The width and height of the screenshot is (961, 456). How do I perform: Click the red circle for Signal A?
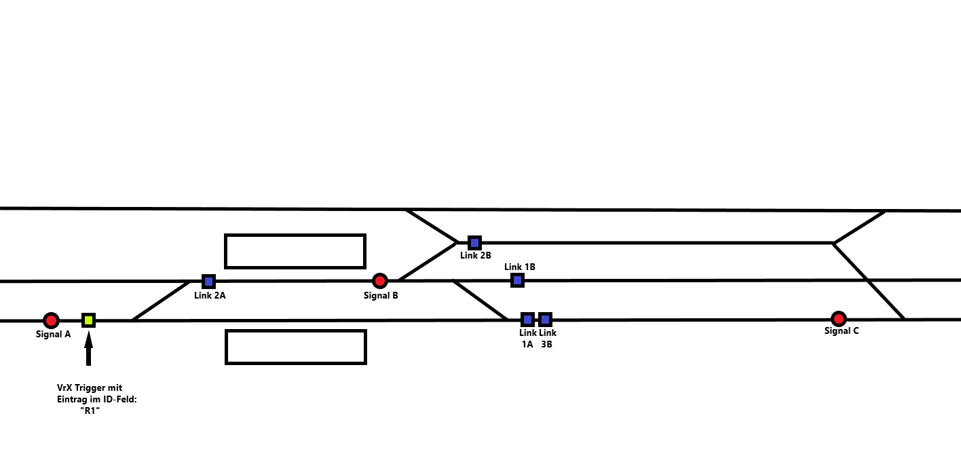pos(51,320)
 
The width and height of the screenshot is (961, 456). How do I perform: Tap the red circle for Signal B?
pos(380,280)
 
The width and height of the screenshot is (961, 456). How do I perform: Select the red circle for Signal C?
pos(839,318)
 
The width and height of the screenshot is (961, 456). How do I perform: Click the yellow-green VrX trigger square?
pos(88,320)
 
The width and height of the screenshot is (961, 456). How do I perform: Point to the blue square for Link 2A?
pos(208,281)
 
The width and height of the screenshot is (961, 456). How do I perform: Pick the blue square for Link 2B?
pos(474,242)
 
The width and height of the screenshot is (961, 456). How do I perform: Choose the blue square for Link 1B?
pos(517,280)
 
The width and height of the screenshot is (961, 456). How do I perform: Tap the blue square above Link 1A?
pos(527,319)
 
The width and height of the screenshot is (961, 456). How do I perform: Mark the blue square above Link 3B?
pos(545,319)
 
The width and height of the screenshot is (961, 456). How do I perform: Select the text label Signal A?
pos(54,335)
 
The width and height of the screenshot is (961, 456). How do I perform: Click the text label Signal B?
pos(381,295)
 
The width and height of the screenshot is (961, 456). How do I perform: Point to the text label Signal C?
pos(842,331)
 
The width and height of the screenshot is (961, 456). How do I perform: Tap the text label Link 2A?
pos(210,295)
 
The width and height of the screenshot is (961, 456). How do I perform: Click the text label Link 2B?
pos(475,256)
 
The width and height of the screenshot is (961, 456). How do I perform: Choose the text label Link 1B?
pos(520,267)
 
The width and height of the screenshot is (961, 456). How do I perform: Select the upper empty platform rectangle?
pos(295,251)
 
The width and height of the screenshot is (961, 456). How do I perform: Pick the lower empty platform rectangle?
pos(296,347)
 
